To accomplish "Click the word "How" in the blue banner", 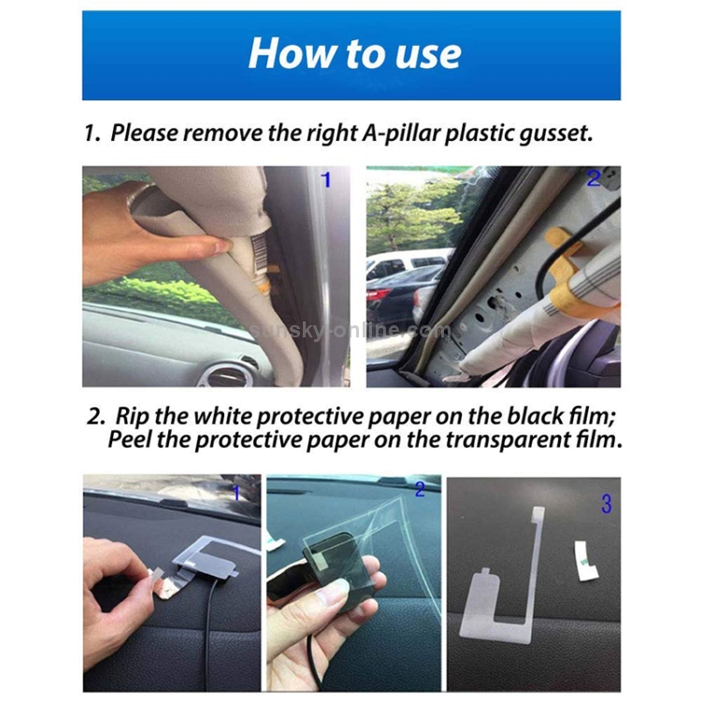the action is tap(293, 53).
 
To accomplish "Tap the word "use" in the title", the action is tap(428, 57).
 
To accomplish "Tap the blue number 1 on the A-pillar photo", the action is tap(326, 180).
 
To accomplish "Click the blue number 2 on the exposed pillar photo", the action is tap(594, 179).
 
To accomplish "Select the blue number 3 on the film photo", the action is tap(607, 504).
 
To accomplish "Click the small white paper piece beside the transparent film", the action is tap(585, 561).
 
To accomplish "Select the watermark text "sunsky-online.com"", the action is tap(351, 331).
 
